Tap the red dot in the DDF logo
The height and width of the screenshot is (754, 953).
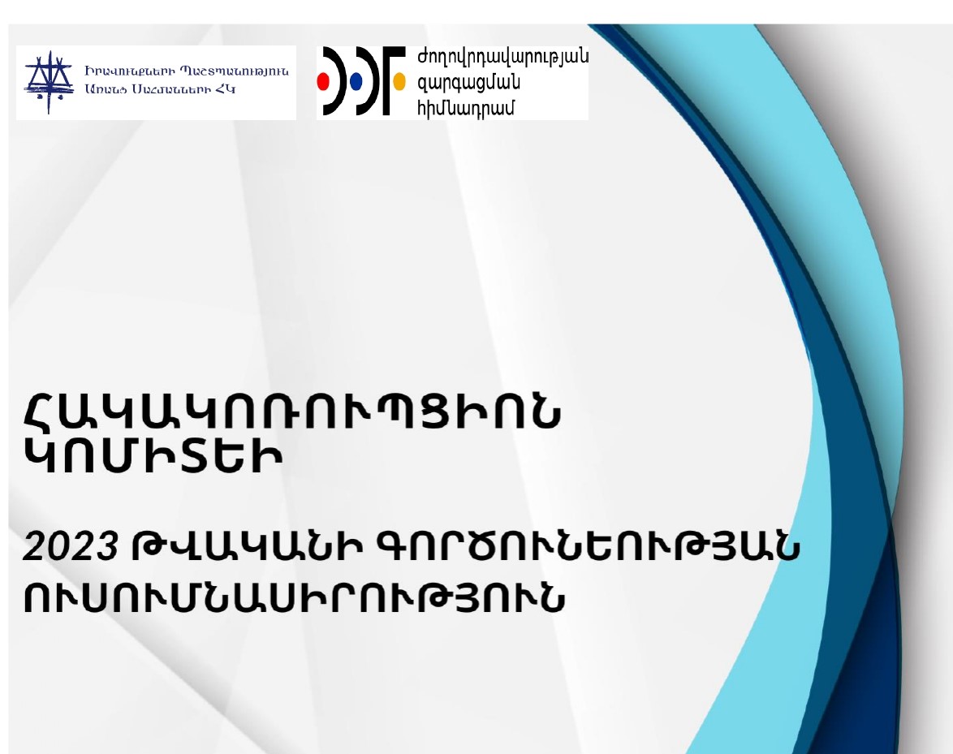pyautogui.click(x=323, y=82)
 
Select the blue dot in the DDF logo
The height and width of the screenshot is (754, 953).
pyautogui.click(x=356, y=82)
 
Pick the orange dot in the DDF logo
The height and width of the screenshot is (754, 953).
pyautogui.click(x=399, y=82)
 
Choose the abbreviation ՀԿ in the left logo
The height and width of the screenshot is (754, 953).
pyautogui.click(x=225, y=88)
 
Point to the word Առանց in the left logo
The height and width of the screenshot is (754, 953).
pyautogui.click(x=103, y=88)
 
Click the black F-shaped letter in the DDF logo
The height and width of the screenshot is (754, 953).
pyautogui.click(x=394, y=81)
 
